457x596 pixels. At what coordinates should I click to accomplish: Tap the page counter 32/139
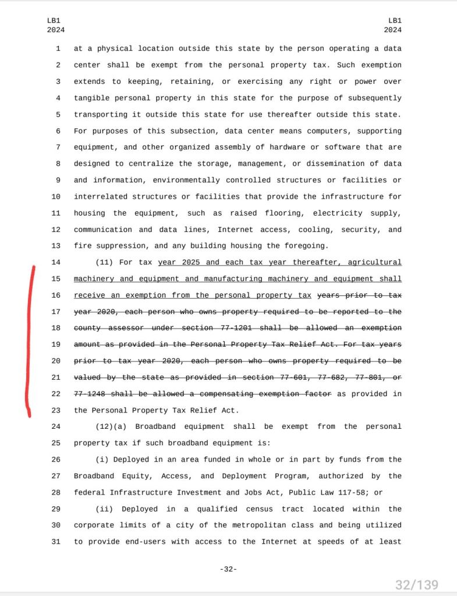click(x=416, y=584)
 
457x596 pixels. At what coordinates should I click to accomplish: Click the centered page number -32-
click(x=228, y=569)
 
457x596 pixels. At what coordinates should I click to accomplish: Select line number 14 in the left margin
click(x=56, y=263)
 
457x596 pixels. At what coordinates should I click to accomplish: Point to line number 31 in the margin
click(x=56, y=542)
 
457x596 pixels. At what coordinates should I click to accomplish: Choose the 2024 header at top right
click(x=392, y=29)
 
